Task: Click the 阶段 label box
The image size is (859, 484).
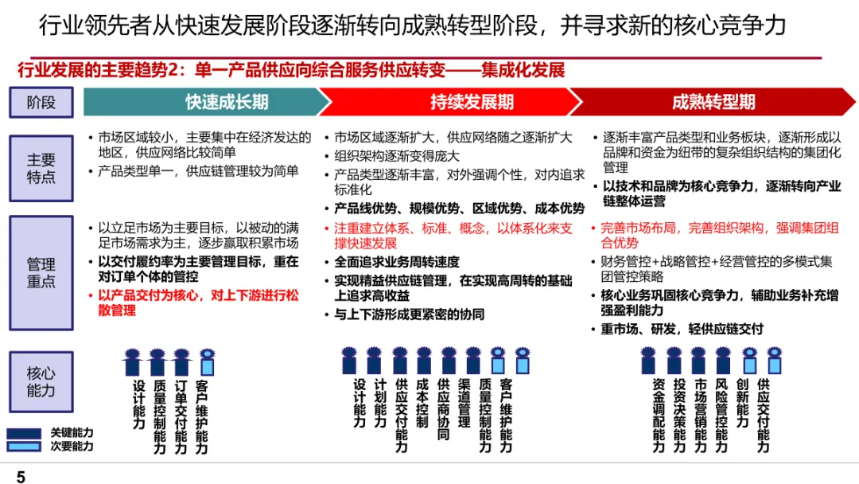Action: (x=41, y=102)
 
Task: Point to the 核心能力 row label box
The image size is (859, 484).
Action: (x=41, y=381)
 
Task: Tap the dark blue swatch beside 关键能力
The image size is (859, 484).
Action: (x=25, y=432)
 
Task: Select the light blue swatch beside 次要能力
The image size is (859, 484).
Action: (x=25, y=446)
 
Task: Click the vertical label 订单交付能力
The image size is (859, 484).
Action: (x=181, y=415)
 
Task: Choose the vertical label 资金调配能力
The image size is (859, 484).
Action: (x=659, y=415)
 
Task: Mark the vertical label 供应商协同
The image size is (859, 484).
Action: (x=444, y=409)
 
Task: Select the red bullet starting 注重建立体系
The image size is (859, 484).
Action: (x=453, y=236)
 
